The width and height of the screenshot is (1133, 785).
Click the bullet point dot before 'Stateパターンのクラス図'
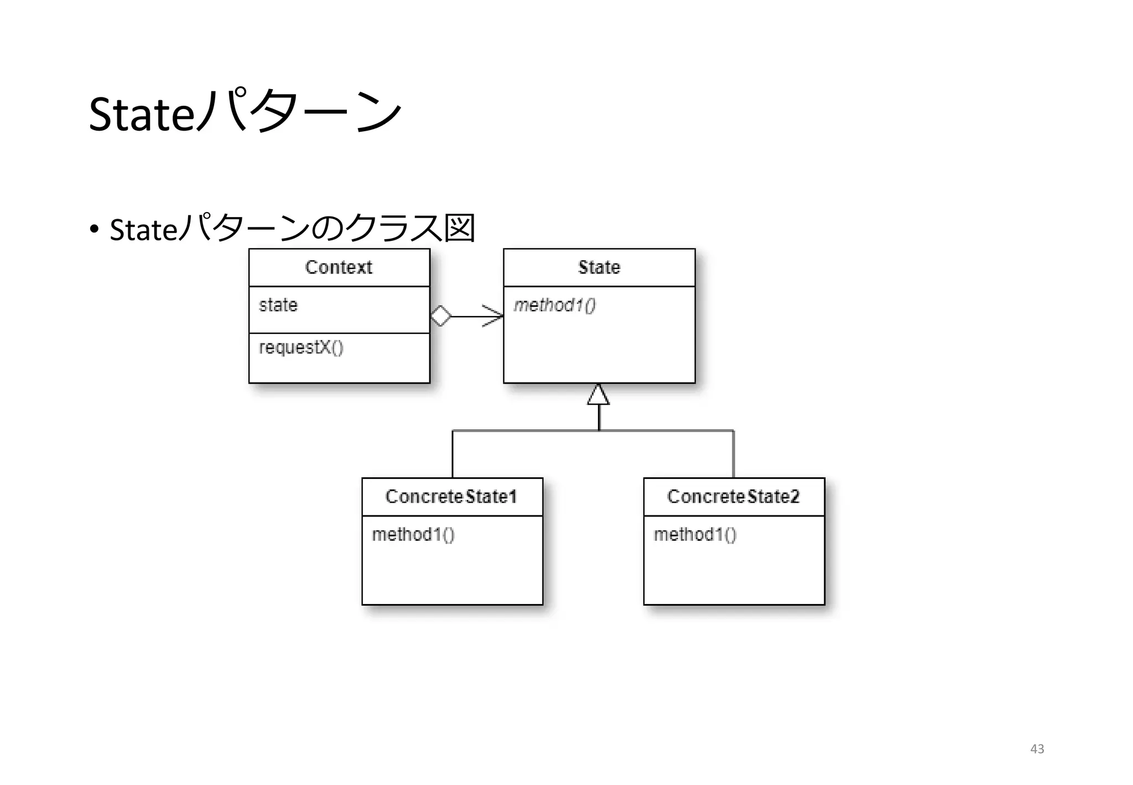point(94,229)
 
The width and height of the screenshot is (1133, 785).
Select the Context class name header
point(339,267)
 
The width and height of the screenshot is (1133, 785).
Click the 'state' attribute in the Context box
point(278,305)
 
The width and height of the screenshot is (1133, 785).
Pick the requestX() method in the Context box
point(301,348)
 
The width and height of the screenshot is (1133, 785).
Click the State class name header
point(599,267)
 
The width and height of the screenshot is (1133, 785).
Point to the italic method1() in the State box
point(554,306)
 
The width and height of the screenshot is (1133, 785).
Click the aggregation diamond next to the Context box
point(441,316)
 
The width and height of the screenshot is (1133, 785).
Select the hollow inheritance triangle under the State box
point(599,395)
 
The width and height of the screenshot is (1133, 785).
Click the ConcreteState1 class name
point(451,497)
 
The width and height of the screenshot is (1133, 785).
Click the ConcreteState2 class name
point(734,497)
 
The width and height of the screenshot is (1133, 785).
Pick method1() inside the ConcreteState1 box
point(413,535)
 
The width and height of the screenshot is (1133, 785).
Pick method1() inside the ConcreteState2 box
point(695,535)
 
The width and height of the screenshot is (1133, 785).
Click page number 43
point(1037,749)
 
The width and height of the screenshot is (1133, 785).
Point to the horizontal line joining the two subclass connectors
point(526,430)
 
